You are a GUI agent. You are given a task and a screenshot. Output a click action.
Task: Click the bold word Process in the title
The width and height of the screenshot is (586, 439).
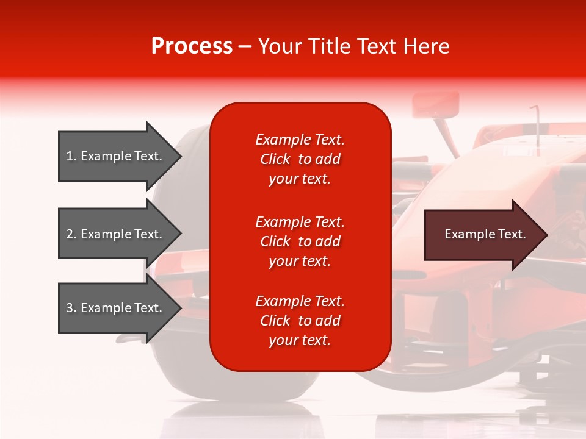tap(192, 46)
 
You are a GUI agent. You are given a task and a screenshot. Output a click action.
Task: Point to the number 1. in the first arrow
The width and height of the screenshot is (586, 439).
tap(71, 156)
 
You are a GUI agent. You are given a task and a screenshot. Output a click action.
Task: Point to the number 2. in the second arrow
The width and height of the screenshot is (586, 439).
tap(71, 234)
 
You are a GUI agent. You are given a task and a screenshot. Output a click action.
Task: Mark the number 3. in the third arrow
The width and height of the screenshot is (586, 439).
tap(71, 308)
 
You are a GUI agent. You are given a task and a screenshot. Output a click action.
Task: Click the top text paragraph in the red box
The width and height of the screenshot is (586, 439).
tap(300, 159)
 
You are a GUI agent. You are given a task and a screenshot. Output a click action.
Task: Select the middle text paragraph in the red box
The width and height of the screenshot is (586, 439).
tap(300, 241)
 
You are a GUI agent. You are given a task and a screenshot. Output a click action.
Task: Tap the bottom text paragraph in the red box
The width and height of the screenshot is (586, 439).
tap(300, 321)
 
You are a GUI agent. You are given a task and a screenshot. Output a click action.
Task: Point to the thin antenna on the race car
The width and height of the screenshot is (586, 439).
tap(537, 122)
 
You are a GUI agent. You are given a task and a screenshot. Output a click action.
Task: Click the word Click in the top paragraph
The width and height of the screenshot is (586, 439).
tap(275, 159)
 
